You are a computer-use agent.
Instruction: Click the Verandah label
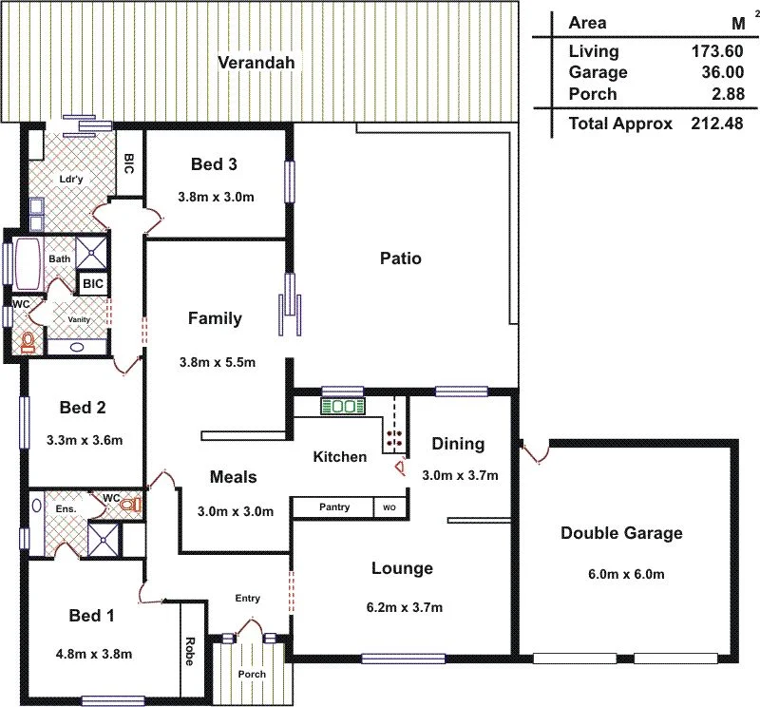256,63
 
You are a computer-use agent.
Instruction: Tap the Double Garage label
621,533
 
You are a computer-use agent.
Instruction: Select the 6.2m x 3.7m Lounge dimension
403,607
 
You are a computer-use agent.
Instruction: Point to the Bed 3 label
214,164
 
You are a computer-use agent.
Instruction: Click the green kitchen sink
341,406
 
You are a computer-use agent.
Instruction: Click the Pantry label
333,507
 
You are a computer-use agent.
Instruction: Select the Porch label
253,675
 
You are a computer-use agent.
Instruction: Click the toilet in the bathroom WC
28,342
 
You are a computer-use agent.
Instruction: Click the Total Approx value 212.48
716,124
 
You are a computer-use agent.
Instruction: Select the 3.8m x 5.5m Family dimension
217,362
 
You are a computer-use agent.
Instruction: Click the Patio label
400,258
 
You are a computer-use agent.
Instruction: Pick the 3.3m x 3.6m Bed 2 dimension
84,440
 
